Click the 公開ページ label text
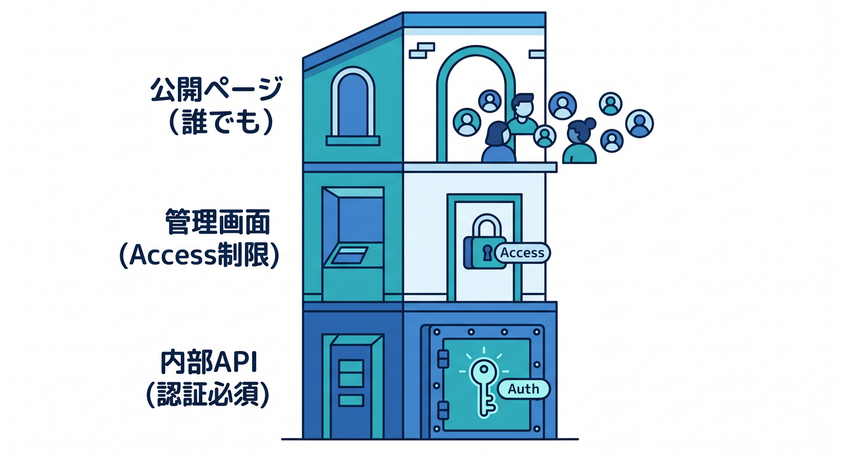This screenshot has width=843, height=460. (216, 89)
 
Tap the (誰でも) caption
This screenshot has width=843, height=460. (221, 122)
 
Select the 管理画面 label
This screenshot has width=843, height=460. (217, 222)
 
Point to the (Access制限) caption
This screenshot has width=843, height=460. (199, 255)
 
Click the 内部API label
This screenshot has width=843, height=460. (208, 362)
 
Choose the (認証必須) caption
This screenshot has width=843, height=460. (208, 394)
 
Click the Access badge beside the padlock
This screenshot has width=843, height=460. (522, 253)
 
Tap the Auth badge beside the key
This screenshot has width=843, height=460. (523, 389)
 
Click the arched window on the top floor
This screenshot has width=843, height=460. (353, 107)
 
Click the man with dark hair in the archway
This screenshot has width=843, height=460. (522, 114)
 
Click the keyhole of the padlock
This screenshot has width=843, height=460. (487, 253)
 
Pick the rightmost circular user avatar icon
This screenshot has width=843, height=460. (639, 123)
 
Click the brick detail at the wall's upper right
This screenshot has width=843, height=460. (536, 55)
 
